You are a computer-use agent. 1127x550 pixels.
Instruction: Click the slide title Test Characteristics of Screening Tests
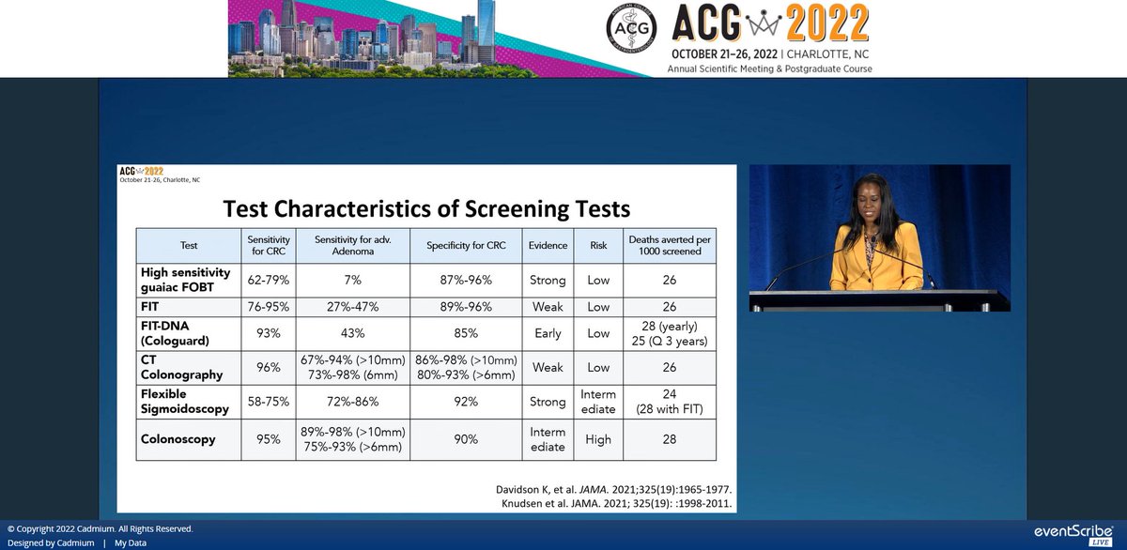coord(425,207)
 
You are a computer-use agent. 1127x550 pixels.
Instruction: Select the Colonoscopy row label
coord(177,438)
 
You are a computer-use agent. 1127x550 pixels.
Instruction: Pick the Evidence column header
coord(548,245)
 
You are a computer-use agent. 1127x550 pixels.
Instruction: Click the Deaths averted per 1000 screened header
coord(670,245)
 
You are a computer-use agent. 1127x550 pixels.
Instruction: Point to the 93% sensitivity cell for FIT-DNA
coord(268,333)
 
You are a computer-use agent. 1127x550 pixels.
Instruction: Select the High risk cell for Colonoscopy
coord(597,438)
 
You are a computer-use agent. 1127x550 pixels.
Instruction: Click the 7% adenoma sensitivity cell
coord(352,280)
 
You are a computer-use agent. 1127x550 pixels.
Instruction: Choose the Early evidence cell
coord(548,333)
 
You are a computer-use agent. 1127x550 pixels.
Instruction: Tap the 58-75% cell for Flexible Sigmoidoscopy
coord(268,401)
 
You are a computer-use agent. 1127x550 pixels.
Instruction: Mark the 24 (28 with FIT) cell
coord(670,401)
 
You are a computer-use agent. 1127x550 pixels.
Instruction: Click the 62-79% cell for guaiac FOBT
coord(268,280)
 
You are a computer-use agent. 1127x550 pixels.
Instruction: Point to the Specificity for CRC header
coord(466,245)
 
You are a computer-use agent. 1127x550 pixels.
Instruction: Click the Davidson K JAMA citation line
coord(614,489)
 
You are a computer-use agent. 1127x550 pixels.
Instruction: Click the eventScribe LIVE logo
coord(1073,532)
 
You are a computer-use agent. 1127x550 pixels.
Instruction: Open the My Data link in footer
coord(133,542)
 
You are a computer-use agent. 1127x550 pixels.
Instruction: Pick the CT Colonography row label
coord(182,367)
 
